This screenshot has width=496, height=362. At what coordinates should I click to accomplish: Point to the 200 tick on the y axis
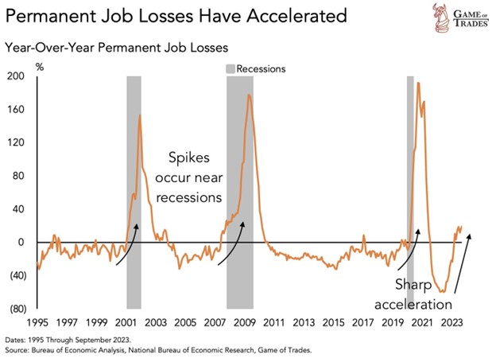[15, 76]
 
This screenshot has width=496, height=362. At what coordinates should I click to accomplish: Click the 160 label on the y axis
[15, 109]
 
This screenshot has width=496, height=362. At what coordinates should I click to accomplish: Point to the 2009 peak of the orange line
[250, 95]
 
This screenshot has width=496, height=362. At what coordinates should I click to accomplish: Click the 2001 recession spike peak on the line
[140, 115]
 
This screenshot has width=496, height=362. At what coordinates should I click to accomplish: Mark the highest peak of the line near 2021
[418, 83]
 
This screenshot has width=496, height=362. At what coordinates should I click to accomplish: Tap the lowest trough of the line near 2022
[442, 292]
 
